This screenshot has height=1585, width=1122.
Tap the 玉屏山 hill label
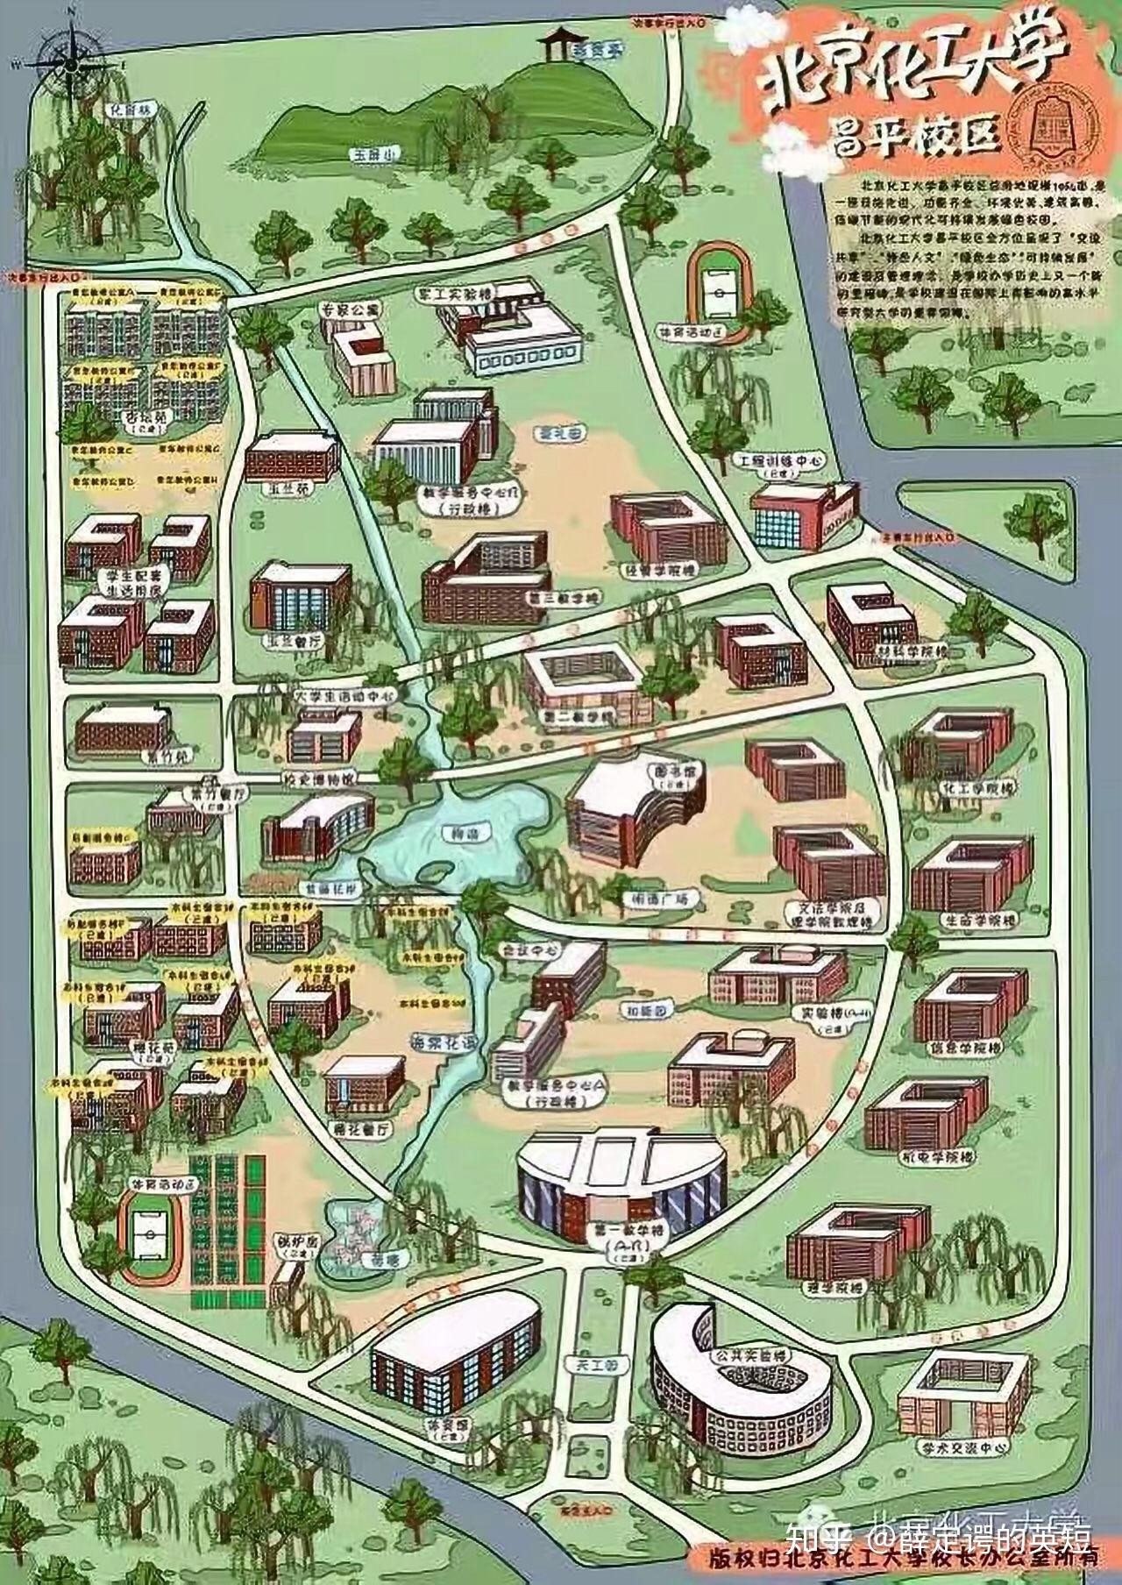(360, 154)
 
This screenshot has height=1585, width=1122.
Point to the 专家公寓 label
(348, 309)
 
